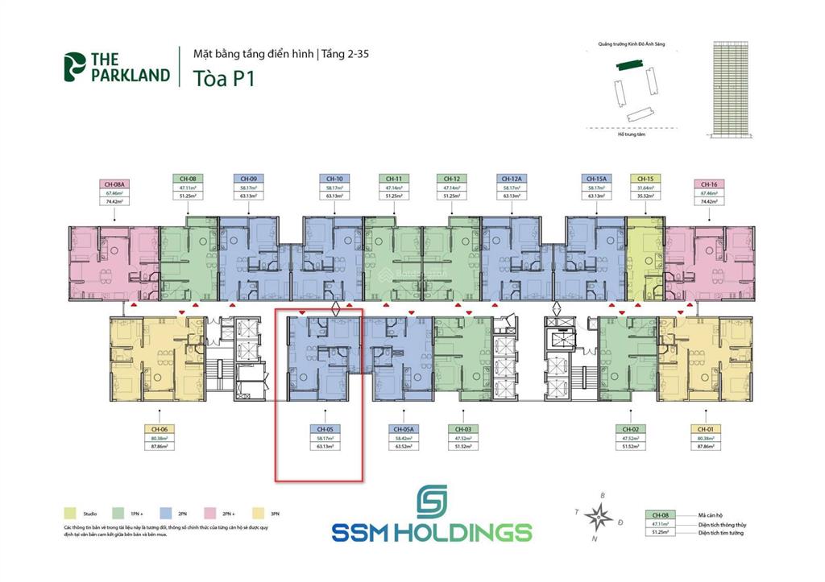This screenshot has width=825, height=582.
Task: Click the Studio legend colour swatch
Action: (70, 513)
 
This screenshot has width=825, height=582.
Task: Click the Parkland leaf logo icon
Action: (74, 67)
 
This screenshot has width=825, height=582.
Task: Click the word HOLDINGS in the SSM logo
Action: (465, 533)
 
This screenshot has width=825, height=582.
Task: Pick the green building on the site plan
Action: (628, 68)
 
